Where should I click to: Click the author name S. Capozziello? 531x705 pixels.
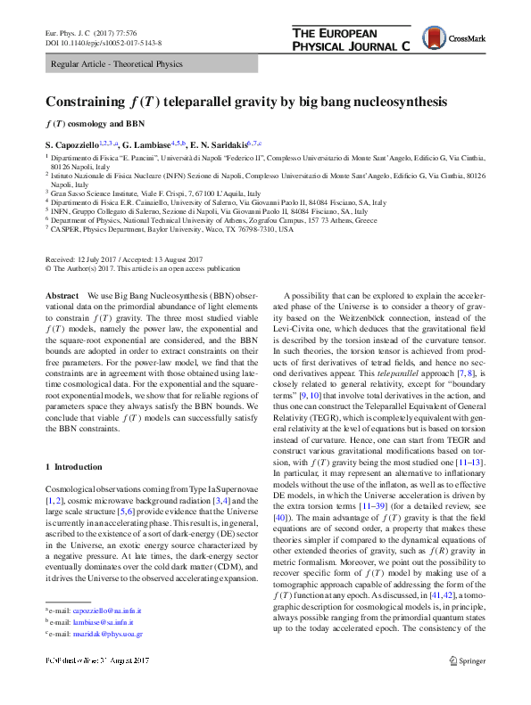click(x=75, y=143)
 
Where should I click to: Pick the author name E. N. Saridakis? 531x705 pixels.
click(x=220, y=143)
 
